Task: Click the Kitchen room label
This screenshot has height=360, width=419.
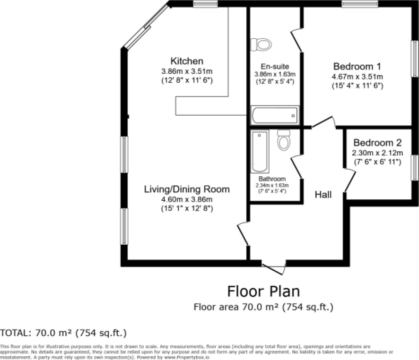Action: tap(187, 61)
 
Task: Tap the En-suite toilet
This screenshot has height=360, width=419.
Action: tap(261, 44)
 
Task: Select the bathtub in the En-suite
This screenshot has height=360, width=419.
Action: tap(275, 115)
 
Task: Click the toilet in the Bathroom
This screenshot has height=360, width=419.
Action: tap(284, 140)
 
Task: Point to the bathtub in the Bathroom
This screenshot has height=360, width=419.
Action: tap(260, 152)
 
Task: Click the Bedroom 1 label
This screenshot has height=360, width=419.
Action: tap(357, 66)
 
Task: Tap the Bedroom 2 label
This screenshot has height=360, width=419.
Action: tap(377, 143)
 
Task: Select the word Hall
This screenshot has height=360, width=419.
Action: tap(323, 195)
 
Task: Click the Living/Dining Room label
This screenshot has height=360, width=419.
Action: tap(187, 189)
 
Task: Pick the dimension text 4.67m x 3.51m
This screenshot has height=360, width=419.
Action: tap(357, 77)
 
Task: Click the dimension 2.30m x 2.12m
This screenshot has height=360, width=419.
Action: tap(377, 153)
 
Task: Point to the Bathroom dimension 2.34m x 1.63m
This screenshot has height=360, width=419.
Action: tap(272, 185)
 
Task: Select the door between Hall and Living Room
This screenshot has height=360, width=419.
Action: tap(244, 233)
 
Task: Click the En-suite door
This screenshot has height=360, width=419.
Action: tap(297, 40)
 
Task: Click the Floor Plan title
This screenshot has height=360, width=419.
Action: tap(263, 291)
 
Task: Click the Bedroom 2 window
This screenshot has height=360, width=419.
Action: tap(415, 168)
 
